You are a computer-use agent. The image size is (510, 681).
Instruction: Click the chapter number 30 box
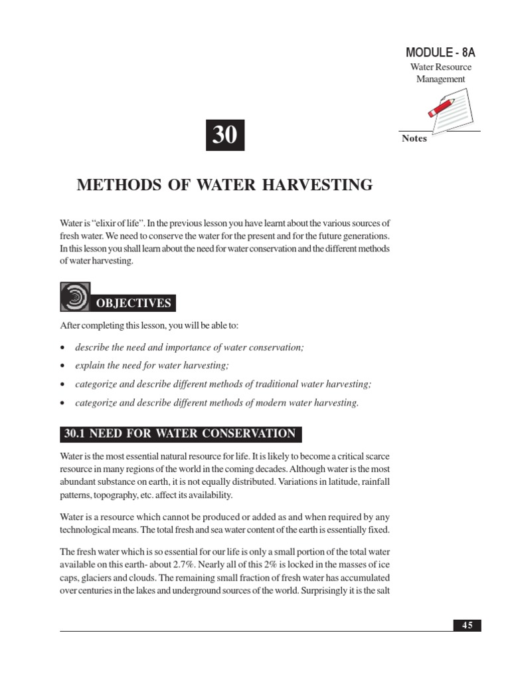pos(225,136)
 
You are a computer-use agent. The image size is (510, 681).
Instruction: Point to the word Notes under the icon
pos(414,138)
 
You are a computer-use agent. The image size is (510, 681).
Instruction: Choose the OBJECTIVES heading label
pos(135,304)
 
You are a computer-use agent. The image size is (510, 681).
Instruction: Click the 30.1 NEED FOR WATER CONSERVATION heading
pos(179,434)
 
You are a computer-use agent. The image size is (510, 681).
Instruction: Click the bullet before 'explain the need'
pos(62,366)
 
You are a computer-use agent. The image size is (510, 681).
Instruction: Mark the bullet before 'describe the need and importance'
pos(62,348)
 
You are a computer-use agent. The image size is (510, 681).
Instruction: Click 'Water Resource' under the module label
pos(440,67)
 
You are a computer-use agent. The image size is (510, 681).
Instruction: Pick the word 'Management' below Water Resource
pos(440,79)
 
